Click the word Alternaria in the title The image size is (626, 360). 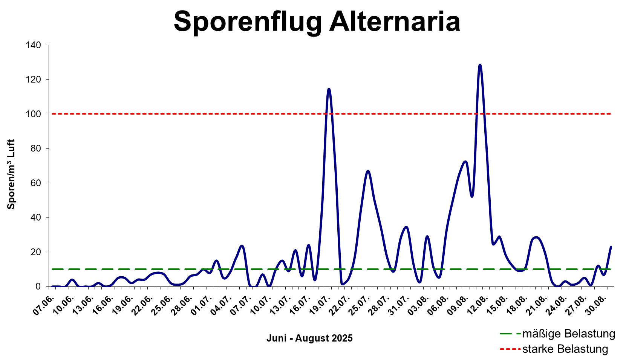coord(395,21)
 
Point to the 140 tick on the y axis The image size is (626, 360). coord(33,45)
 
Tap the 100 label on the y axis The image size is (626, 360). coord(33,114)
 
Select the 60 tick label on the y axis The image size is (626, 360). coord(35,183)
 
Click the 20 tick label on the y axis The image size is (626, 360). coord(35,252)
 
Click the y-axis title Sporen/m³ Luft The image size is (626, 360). coord(11,174)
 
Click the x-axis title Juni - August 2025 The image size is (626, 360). coord(309,338)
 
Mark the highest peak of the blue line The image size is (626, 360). coord(480,65)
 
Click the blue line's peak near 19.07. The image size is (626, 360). coord(329,89)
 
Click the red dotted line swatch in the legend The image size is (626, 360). coord(510,349)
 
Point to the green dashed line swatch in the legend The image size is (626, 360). coord(510,334)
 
